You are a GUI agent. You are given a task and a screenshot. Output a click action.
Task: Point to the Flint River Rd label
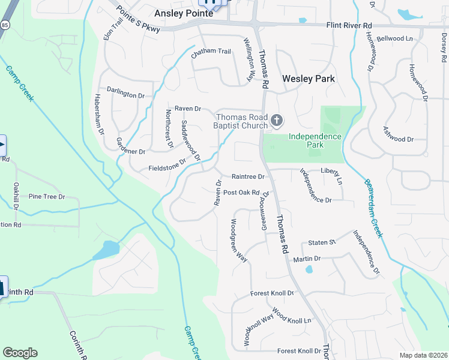coord(349,25)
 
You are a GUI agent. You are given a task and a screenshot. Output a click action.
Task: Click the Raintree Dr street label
coord(248,177)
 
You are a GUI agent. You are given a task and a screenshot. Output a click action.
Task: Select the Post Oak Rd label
coord(241,193)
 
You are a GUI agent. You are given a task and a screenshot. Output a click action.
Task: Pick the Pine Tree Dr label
coord(43,196)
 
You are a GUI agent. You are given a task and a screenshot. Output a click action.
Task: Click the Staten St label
coord(321,242)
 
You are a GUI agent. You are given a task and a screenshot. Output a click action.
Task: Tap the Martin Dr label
coord(307,259)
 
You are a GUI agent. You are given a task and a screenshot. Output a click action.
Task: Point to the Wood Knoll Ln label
coord(292,317)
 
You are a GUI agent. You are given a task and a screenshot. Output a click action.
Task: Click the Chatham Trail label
coord(211,52)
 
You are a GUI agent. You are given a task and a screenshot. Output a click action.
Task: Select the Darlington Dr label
coord(126,95)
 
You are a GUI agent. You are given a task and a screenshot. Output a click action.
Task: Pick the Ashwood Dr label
coord(398,139)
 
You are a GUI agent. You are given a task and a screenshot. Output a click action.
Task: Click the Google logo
coord(20,353)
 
